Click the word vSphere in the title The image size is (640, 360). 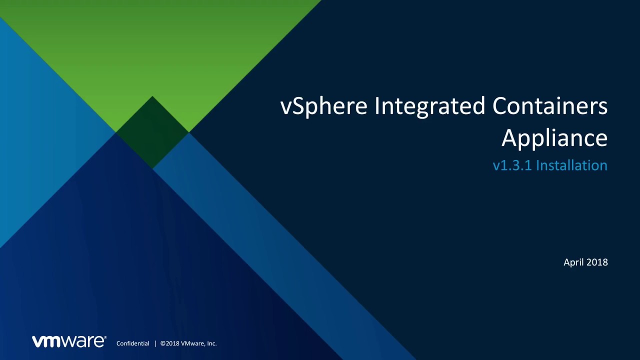[x=323, y=106]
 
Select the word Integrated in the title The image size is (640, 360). [x=430, y=106]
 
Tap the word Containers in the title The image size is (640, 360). [x=550, y=106]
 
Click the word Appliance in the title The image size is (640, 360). [x=554, y=138]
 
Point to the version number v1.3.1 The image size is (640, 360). [x=512, y=165]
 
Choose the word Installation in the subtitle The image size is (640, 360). [x=571, y=165]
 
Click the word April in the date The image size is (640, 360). [x=573, y=262]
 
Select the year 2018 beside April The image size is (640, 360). [x=597, y=262]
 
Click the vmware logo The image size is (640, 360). [x=68, y=341]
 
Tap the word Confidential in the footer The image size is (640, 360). [x=132, y=343]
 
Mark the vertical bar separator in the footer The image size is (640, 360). [x=155, y=343]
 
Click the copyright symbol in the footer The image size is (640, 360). [x=163, y=343]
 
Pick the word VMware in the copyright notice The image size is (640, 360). [x=192, y=343]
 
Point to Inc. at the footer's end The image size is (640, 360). [x=211, y=343]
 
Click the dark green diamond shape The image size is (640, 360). [x=152, y=132]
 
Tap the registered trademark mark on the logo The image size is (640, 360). [x=105, y=337]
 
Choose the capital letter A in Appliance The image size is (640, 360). [x=509, y=137]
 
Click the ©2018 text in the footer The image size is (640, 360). [x=169, y=343]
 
